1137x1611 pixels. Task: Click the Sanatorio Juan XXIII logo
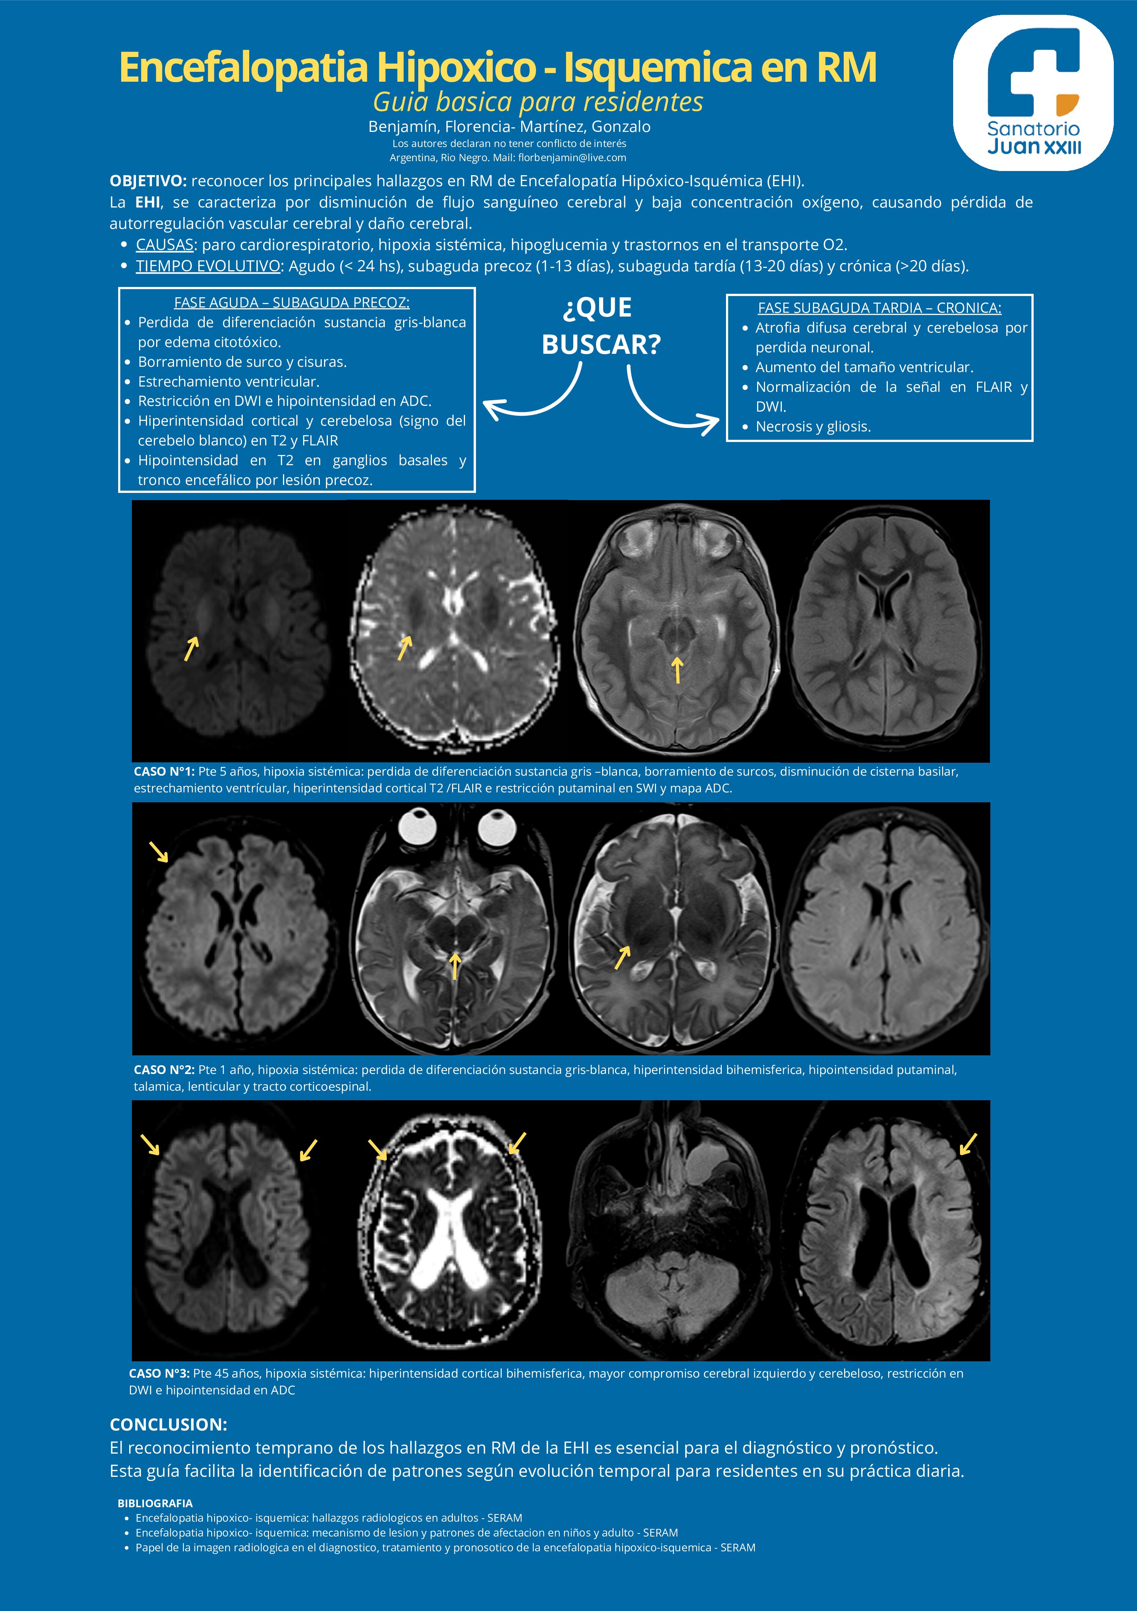(1033, 93)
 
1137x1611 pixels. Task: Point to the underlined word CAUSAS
(164, 245)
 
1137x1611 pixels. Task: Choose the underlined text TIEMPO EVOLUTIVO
(208, 267)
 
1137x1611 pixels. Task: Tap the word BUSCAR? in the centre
(601, 345)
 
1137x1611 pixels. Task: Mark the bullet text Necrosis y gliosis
(813, 427)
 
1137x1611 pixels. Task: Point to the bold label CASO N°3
(159, 1373)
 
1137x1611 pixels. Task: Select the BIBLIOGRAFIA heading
(155, 1503)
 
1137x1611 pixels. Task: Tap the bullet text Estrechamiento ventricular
(229, 382)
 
